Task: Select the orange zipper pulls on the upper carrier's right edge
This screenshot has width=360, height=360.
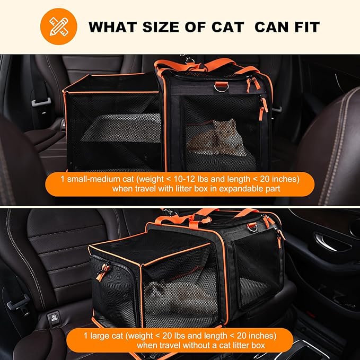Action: (262, 106)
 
